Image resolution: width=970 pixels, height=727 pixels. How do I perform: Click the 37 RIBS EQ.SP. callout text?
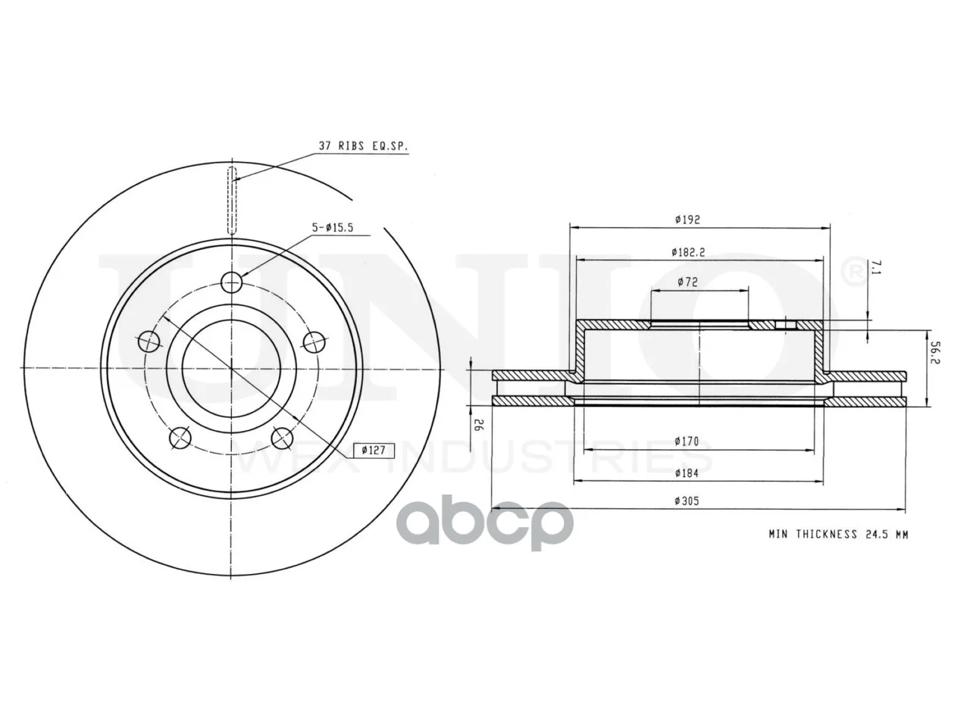[363, 146]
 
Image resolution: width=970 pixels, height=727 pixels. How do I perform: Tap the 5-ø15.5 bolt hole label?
[333, 228]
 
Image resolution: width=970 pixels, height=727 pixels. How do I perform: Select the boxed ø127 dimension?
[374, 451]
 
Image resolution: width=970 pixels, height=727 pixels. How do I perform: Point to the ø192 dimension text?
[687, 220]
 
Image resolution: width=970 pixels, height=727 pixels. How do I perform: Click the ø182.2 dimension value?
[689, 252]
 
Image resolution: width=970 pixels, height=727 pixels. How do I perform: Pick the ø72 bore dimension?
[687, 282]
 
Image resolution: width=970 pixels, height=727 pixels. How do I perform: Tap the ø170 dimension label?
[687, 442]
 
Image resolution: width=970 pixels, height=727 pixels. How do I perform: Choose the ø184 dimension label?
[687, 473]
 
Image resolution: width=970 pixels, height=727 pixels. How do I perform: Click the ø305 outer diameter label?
[687, 501]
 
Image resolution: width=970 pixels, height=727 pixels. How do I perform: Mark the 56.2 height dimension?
[935, 352]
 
